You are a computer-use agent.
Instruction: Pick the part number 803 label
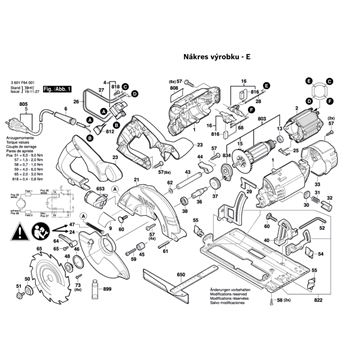coord(263,121)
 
